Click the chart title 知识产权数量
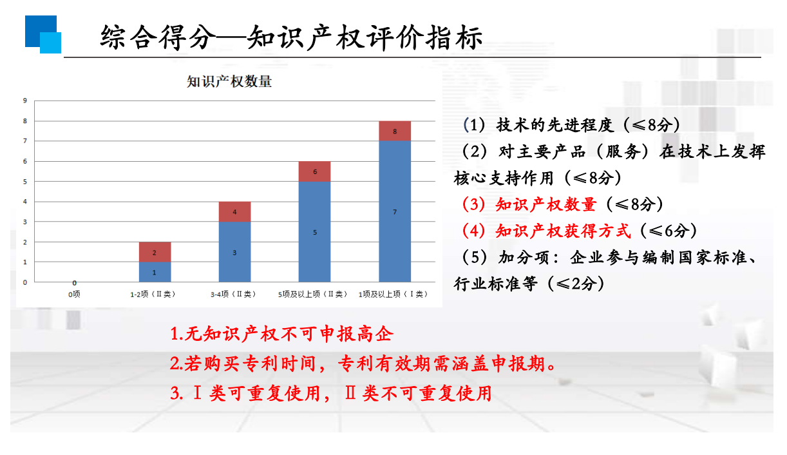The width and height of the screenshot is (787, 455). click(x=229, y=82)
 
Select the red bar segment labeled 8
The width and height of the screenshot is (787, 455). click(x=395, y=131)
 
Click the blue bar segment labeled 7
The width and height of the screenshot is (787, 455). click(x=395, y=211)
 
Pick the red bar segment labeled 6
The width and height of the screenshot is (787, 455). click(x=314, y=171)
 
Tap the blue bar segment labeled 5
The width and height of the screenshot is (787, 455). click(x=314, y=232)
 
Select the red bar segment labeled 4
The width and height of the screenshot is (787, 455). click(x=234, y=211)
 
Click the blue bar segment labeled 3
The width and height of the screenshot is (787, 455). click(x=234, y=252)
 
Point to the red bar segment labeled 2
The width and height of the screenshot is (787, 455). click(x=155, y=252)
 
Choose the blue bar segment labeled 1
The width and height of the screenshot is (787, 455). click(x=155, y=272)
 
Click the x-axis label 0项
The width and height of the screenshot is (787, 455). click(x=74, y=295)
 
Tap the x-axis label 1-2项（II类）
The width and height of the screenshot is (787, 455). click(x=153, y=295)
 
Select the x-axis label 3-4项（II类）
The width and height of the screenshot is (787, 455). click(x=233, y=295)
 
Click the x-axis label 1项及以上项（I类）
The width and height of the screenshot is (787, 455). click(x=393, y=295)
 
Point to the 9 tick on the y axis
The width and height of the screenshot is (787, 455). click(x=25, y=101)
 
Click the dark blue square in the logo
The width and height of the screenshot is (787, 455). click(x=41, y=31)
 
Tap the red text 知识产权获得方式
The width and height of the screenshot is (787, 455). click(x=563, y=231)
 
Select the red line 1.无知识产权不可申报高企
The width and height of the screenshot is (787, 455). click(x=281, y=334)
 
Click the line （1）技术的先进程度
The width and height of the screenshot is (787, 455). click(x=538, y=125)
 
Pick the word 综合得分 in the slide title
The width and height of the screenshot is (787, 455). click(x=158, y=37)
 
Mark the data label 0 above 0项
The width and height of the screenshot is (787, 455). click(x=75, y=283)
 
